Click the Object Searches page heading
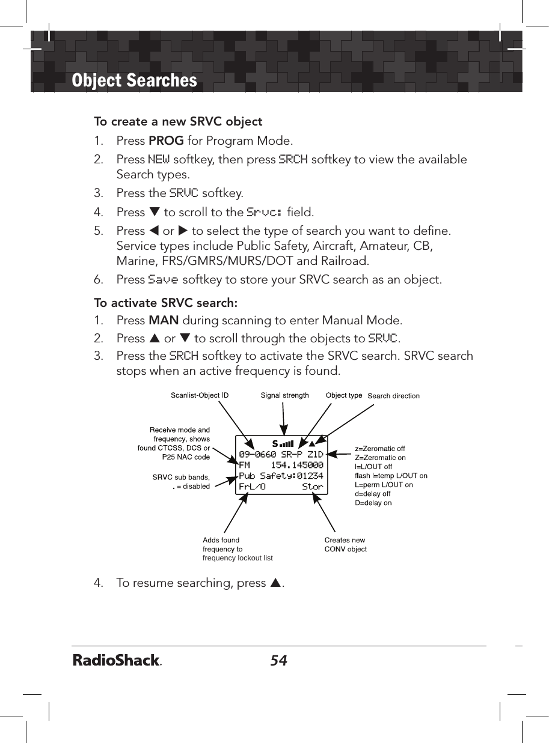[134, 80]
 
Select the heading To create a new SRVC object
[178, 121]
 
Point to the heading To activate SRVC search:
[165, 302]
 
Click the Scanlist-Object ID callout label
[200, 395]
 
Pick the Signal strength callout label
[284, 395]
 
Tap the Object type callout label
[344, 395]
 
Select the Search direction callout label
[393, 396]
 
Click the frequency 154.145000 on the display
[297, 465]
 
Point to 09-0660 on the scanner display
[257, 454]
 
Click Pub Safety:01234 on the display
[281, 476]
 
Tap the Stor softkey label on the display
[313, 487]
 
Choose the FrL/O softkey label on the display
[252, 487]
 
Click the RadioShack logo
[118, 661]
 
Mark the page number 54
[278, 661]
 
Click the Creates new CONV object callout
[345, 545]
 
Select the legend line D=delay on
[373, 503]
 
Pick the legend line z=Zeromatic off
[380, 449]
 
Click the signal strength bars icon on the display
[286, 444]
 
